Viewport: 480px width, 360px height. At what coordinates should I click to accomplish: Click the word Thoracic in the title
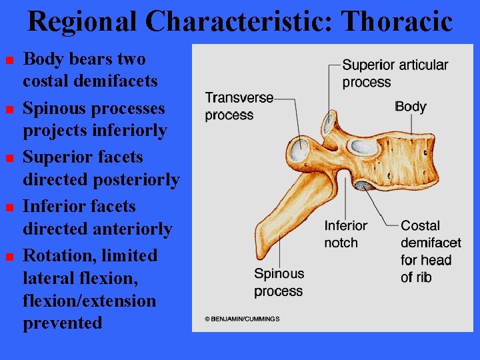pyautogui.click(x=397, y=21)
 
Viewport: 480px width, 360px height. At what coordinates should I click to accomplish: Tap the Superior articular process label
pyautogui.click(x=395, y=73)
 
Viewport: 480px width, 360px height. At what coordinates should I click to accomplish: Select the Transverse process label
pyautogui.click(x=239, y=107)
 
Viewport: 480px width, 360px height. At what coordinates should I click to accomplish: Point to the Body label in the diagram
pyautogui.click(x=410, y=107)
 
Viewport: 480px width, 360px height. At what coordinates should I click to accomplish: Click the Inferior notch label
pyautogui.click(x=345, y=234)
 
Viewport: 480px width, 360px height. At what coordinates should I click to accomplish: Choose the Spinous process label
pyautogui.click(x=279, y=282)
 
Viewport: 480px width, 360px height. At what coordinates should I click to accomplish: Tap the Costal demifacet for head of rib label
pyautogui.click(x=431, y=251)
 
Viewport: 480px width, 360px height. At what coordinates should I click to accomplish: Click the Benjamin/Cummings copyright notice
pyautogui.click(x=243, y=319)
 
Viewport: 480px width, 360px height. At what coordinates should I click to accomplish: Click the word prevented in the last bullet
pyautogui.click(x=63, y=323)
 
